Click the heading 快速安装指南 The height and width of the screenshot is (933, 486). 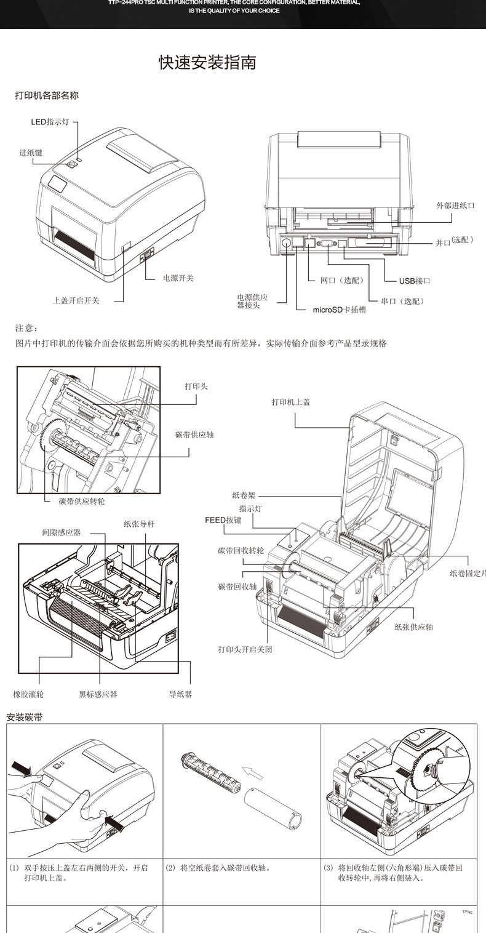[207, 62]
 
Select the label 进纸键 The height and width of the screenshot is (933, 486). [31, 153]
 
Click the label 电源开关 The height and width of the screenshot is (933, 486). [178, 278]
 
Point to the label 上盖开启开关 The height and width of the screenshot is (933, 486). [76, 300]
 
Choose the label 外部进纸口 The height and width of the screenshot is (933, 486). [455, 206]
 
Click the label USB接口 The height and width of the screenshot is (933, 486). [415, 281]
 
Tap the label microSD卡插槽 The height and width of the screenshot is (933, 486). [339, 310]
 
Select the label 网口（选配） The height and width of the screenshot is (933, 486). [342, 280]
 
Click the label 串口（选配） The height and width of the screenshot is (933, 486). [402, 301]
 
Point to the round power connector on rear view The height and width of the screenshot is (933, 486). [287, 244]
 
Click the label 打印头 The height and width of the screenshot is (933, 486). [196, 386]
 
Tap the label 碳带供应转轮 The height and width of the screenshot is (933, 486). [82, 501]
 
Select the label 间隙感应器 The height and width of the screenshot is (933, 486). [61, 532]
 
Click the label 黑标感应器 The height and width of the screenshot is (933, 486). [98, 694]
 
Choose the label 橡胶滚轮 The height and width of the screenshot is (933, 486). [28, 694]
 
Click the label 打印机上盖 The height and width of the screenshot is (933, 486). [291, 402]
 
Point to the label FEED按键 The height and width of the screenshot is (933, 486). [223, 520]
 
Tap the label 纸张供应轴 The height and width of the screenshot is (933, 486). [413, 627]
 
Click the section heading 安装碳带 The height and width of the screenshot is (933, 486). [25, 717]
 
